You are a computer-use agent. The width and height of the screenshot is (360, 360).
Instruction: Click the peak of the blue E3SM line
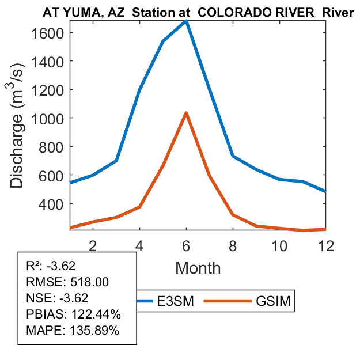pos(186,21)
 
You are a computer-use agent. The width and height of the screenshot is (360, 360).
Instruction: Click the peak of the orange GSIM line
pos(186,113)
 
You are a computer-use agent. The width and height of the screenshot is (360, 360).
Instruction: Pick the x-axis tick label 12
pos(326,245)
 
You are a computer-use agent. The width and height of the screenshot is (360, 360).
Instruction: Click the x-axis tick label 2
pos(93,245)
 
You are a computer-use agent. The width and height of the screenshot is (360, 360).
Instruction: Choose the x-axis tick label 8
pos(233,245)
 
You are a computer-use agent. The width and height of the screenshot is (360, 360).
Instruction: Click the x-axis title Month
pos(198,267)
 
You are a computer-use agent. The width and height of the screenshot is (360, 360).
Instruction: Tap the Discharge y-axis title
pos(19,129)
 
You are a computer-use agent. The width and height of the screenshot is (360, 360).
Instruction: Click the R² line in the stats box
pos(51,266)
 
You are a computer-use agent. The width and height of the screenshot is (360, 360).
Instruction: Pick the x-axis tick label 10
pos(279,245)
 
